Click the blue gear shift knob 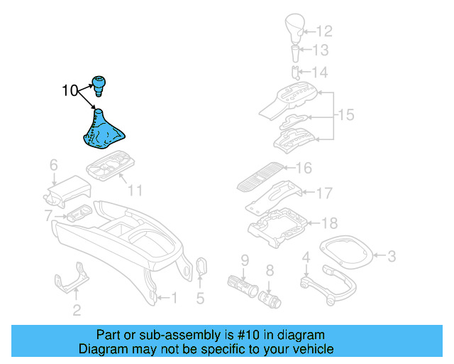point(98,85)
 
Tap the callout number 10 point(70,91)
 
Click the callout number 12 point(323,31)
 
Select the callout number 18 point(330,223)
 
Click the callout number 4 point(306,257)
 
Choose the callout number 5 point(200,299)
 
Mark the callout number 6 point(53,166)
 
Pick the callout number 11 point(135,191)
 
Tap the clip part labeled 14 point(296,72)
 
